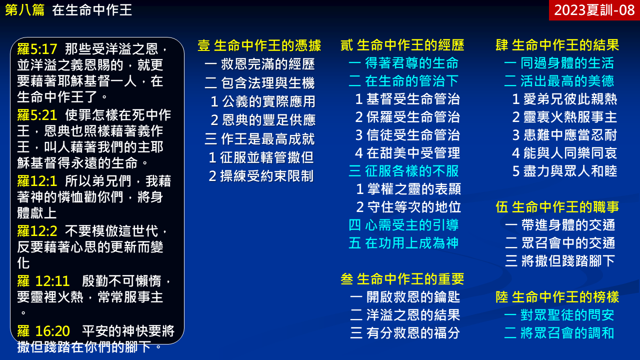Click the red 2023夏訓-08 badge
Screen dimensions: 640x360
coord(594,10)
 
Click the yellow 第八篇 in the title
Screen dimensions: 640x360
coord(24,10)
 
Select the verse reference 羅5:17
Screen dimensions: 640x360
coord(37,49)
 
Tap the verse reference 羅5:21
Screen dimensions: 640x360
coord(37,115)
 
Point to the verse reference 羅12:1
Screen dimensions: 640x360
coord(37,181)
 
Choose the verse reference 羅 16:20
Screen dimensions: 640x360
coord(43,331)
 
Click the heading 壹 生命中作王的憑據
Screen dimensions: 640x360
coord(259,45)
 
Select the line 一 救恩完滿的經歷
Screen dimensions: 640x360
coord(259,64)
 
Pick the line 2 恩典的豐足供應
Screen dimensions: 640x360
coord(263,120)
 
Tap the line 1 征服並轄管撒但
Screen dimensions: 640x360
coord(261,157)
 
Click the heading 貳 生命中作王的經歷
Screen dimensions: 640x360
coord(402,45)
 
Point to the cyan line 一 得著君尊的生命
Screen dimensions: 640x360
coord(403,63)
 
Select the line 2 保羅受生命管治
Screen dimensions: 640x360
coord(407,117)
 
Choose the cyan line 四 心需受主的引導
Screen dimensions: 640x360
coord(403,225)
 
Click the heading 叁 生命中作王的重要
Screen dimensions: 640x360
coord(402,279)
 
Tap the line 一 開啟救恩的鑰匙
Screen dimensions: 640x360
coord(405,297)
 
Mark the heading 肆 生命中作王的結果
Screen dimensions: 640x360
coord(557,45)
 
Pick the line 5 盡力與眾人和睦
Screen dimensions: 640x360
coord(564,171)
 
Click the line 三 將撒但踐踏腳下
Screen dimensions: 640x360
coord(560,261)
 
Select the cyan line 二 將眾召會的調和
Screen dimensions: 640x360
coord(559,333)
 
